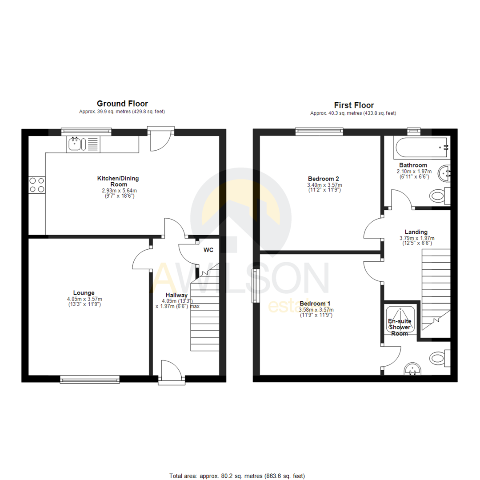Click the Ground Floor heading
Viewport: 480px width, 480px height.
(x=122, y=104)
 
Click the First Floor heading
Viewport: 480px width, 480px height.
(x=354, y=105)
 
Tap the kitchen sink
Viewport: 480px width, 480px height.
(x=76, y=144)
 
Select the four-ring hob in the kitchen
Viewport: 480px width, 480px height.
(x=36, y=184)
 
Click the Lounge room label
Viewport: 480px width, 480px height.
(x=84, y=292)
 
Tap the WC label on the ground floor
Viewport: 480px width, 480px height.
(x=208, y=250)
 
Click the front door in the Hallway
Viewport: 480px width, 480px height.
(x=171, y=372)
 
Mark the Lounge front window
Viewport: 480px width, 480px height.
(x=90, y=379)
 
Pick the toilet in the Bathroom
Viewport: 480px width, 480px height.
(x=440, y=195)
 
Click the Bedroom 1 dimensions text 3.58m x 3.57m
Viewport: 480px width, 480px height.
(x=316, y=310)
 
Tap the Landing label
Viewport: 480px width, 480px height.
(x=416, y=232)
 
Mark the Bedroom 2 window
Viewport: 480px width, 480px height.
(x=320, y=130)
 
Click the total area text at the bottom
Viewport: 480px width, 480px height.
(x=237, y=476)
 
